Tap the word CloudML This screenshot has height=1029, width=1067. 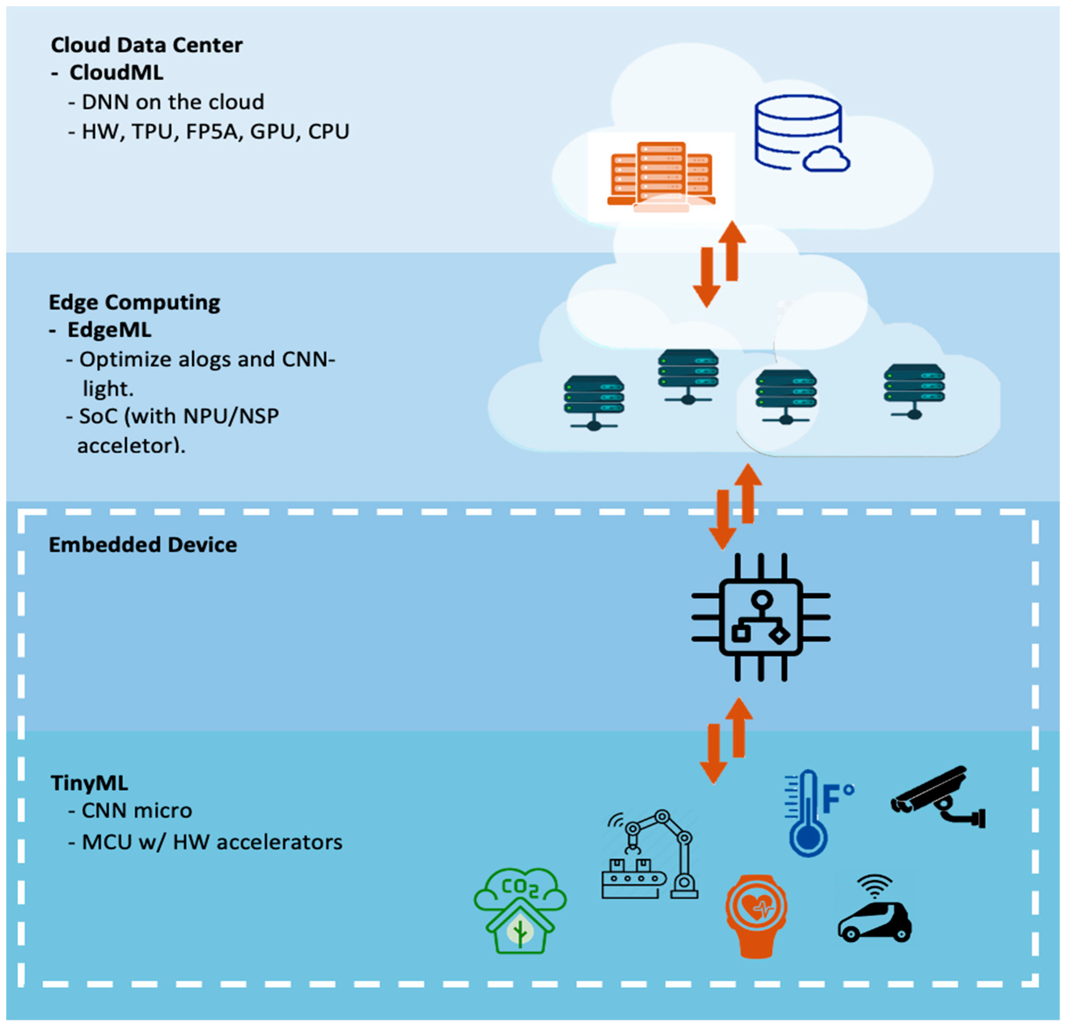(116, 72)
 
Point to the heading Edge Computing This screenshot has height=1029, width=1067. (135, 302)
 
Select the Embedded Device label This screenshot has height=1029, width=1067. (143, 545)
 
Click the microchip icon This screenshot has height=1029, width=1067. (760, 617)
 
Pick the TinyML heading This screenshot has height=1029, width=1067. (89, 783)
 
